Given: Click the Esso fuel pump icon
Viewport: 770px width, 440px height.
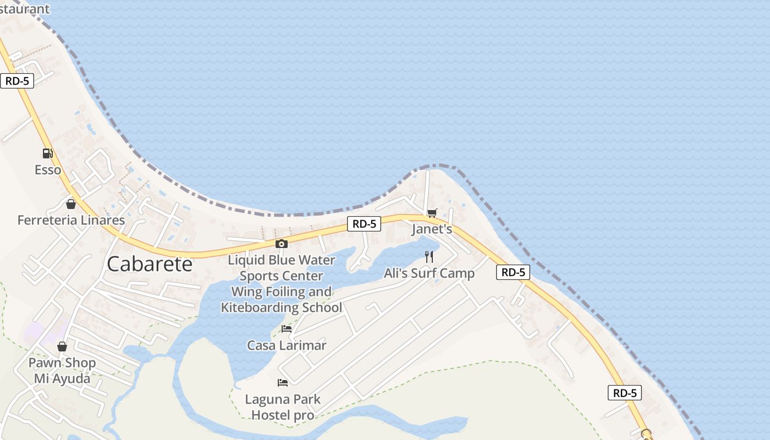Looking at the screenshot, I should [x=48, y=153].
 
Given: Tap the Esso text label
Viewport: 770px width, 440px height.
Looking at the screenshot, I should [x=48, y=170].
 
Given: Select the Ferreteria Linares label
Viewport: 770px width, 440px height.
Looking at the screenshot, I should [x=71, y=220].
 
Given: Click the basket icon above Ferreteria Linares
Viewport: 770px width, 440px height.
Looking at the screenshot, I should [x=70, y=204].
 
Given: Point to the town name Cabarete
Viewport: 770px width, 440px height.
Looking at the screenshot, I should [x=150, y=264].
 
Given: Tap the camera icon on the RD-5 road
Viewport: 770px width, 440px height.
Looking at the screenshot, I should [x=281, y=244].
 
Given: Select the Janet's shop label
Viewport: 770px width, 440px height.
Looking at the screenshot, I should [x=432, y=229].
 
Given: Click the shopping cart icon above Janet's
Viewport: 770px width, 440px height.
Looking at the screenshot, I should [x=432, y=213].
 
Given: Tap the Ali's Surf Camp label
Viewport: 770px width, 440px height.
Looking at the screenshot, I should [x=429, y=273].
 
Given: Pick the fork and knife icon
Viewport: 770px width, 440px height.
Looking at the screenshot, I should [x=429, y=257].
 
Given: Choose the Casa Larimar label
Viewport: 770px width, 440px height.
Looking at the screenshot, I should [x=287, y=345].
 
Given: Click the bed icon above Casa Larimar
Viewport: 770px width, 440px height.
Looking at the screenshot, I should [x=287, y=329].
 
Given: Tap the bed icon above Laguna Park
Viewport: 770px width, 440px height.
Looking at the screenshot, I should [x=283, y=382].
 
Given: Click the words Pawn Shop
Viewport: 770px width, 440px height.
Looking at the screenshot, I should [x=62, y=363].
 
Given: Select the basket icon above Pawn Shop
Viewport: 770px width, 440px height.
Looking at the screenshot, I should [x=62, y=346].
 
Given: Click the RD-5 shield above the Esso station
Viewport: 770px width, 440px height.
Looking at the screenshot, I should [x=17, y=81].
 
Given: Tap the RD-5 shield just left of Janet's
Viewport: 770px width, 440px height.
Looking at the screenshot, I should [x=364, y=224].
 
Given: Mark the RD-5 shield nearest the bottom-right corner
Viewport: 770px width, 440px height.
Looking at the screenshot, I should [x=625, y=393].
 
